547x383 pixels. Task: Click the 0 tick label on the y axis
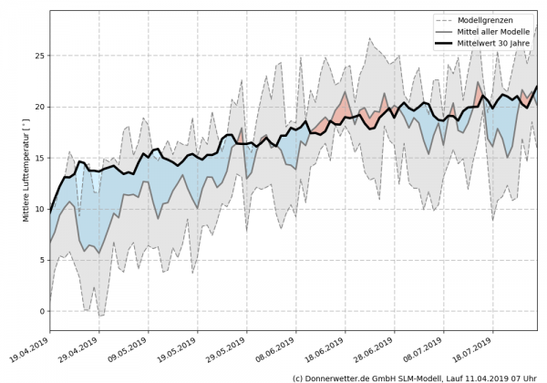[40, 311]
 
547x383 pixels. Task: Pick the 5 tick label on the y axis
[40, 260]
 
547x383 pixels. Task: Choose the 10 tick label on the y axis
[37, 209]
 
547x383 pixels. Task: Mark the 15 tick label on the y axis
[37, 158]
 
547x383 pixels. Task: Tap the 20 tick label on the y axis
[37, 107]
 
